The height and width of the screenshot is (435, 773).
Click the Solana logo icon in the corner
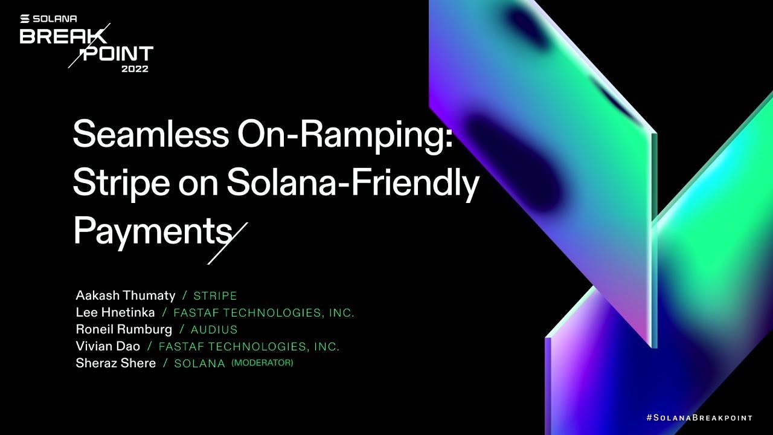click(x=25, y=19)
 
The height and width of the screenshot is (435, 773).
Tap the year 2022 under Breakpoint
click(x=135, y=68)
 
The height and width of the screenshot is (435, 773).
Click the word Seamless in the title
click(x=150, y=134)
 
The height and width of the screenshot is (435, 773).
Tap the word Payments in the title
click(x=152, y=231)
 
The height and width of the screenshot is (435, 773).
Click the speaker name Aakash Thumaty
click(x=126, y=295)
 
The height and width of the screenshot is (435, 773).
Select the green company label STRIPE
click(x=215, y=296)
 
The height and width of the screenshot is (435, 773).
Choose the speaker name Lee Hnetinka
click(x=115, y=312)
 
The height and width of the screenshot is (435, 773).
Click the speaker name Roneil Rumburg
click(x=124, y=329)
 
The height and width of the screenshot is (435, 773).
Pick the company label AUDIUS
click(x=214, y=330)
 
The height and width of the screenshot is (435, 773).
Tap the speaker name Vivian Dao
click(x=107, y=346)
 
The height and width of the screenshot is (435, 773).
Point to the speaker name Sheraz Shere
click(x=116, y=363)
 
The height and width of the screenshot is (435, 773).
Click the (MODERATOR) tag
click(x=262, y=362)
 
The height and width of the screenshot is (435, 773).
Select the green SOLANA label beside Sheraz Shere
click(x=199, y=364)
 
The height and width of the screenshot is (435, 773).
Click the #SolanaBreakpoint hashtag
click(x=699, y=417)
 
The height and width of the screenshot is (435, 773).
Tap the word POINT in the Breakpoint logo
click(x=118, y=54)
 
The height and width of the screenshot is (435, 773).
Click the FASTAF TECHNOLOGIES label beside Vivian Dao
click(x=249, y=347)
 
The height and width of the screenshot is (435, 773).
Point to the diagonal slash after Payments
click(x=228, y=243)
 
